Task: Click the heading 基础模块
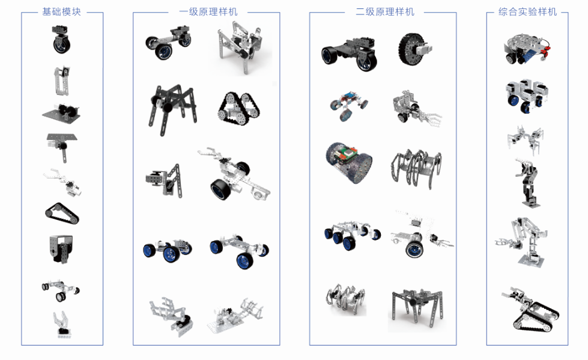(x=61, y=11)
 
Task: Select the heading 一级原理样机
(x=208, y=11)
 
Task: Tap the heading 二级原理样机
(x=385, y=11)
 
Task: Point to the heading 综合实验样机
(x=527, y=11)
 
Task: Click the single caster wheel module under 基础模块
(x=61, y=40)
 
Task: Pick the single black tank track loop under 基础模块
(x=62, y=213)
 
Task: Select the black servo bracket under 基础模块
(x=61, y=249)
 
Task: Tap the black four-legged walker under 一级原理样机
(x=172, y=109)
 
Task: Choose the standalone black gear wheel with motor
(x=414, y=49)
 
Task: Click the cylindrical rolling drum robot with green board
(x=348, y=162)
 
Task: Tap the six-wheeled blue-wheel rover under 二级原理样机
(x=352, y=234)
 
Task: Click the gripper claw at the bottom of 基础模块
(x=62, y=324)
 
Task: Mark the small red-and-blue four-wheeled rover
(x=349, y=105)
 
